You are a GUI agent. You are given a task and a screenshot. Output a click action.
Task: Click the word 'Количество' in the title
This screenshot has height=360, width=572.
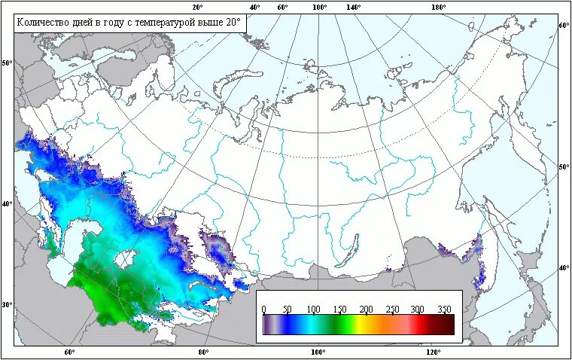pos(44,23)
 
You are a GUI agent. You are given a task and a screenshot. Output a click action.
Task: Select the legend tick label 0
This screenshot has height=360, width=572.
pos(263,309)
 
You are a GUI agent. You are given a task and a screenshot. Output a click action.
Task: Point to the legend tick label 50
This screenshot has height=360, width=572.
pos(286,309)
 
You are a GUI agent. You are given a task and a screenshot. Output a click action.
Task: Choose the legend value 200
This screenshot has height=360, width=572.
pos(366,309)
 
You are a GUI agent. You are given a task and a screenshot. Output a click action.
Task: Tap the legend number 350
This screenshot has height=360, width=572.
pos(444,309)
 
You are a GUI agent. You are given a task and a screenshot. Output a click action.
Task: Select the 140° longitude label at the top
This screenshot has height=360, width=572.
pos(353,7)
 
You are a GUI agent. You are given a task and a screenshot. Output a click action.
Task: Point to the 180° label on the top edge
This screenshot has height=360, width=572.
pos(438,7)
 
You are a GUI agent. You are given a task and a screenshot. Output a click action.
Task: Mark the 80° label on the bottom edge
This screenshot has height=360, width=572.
pos(202,352)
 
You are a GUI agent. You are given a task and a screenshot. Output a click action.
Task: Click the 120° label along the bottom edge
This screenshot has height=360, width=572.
pos(432,352)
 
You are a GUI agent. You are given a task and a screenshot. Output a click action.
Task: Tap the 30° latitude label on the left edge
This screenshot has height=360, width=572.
pos(8,305)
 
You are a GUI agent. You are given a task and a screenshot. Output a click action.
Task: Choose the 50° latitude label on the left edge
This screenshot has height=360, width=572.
pos(8,63)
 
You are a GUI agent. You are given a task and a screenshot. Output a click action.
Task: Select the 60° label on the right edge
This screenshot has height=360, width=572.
pos(564,25)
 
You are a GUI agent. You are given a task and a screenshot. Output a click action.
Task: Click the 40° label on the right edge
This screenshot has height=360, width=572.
pos(564,268)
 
